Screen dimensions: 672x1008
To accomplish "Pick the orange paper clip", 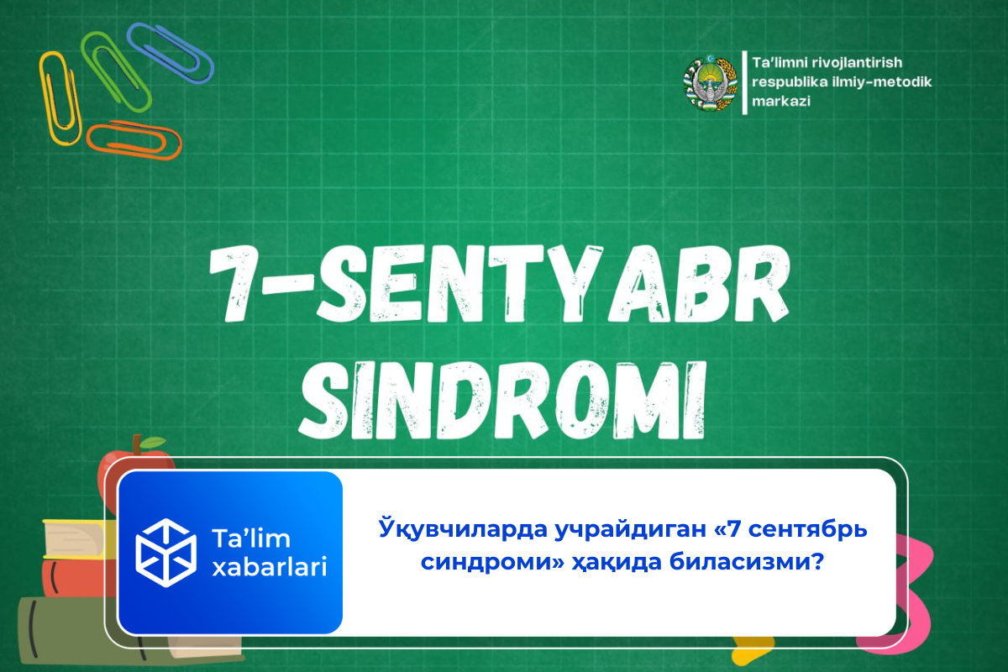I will (134, 140).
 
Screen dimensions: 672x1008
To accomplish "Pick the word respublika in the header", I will (792, 82).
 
